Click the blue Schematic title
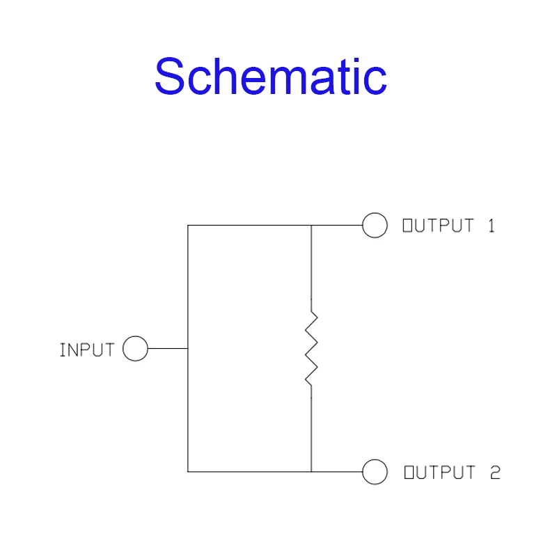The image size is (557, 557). click(x=271, y=76)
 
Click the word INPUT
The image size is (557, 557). click(x=87, y=350)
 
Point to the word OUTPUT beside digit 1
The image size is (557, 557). click(x=439, y=226)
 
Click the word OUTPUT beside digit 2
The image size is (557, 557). click(x=440, y=473)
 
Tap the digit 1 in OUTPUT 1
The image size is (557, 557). click(x=492, y=226)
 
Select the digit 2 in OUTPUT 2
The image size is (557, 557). click(x=495, y=473)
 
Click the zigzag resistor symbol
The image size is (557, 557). click(x=311, y=349)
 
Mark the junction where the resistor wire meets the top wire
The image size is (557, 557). click(x=311, y=225)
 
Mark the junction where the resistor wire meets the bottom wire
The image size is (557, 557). click(x=311, y=472)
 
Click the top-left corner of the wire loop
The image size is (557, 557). click(x=188, y=225)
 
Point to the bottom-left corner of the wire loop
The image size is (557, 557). click(x=188, y=472)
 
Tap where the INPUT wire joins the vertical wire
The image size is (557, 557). click(x=188, y=349)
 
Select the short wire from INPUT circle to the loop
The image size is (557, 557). click(x=168, y=349)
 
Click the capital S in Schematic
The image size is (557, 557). click(x=169, y=76)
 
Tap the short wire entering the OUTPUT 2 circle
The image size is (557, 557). click(x=337, y=472)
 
